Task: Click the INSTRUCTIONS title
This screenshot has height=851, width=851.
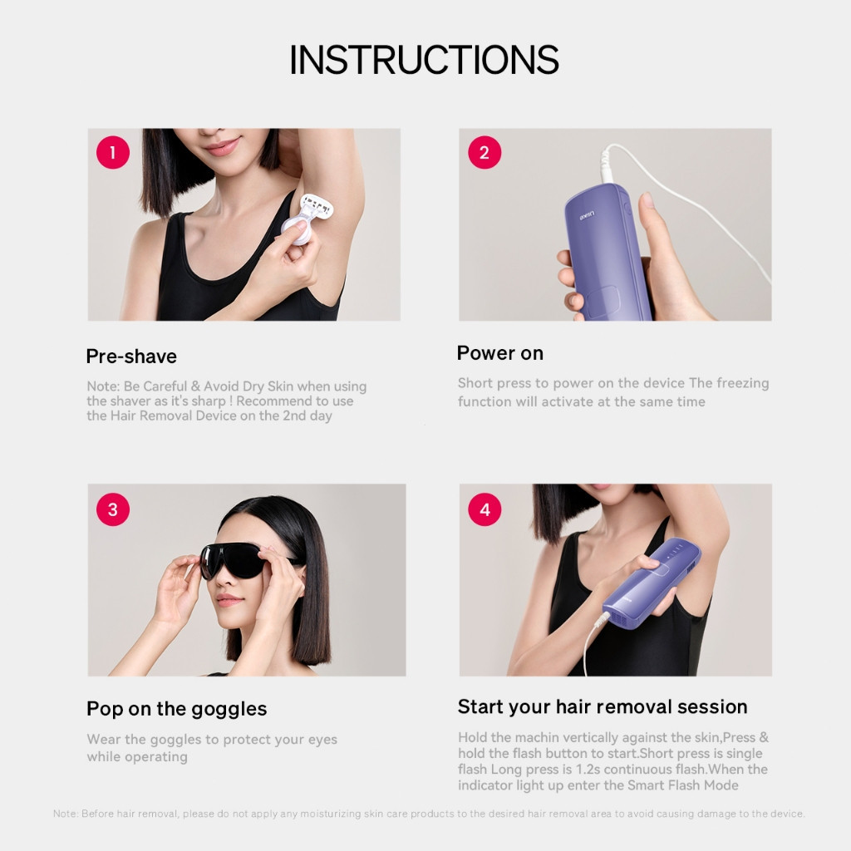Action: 424,59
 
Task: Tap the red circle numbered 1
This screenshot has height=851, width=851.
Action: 113,153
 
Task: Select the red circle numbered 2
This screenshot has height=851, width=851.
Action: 485,153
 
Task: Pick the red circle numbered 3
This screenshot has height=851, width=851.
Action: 113,509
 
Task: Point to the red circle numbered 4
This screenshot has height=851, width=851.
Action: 485,509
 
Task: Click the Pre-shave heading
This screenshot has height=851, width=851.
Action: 131,356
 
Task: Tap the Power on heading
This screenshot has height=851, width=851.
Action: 499,352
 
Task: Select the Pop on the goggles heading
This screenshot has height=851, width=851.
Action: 176,710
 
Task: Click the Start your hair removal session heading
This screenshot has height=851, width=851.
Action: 603,706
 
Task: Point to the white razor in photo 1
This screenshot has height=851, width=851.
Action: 307,219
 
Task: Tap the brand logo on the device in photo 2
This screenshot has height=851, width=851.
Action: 587,215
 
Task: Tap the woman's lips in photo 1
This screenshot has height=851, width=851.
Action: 223,146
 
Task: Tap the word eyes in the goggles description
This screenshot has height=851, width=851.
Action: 322,740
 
